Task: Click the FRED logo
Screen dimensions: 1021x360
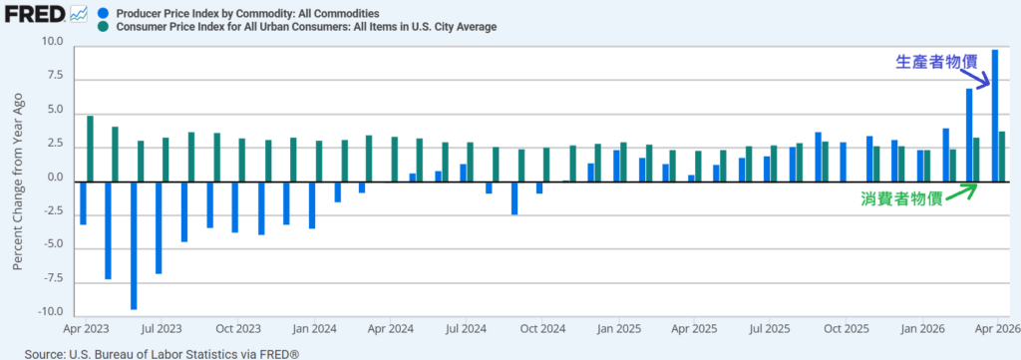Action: click(x=35, y=13)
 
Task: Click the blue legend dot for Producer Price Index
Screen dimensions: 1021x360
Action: click(x=103, y=13)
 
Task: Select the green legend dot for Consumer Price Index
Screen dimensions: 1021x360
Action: click(x=103, y=27)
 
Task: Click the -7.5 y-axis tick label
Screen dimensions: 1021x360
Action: click(x=52, y=278)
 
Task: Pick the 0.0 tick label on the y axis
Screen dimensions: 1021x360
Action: click(x=56, y=178)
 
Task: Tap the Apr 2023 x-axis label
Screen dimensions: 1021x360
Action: click(x=86, y=329)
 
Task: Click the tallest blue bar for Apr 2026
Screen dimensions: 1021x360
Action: click(x=995, y=116)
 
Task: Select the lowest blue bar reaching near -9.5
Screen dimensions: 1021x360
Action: click(x=134, y=245)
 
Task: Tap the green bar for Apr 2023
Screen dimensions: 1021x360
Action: click(x=91, y=149)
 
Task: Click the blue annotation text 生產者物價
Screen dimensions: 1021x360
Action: click(x=936, y=62)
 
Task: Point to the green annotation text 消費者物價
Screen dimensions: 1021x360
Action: click(x=901, y=199)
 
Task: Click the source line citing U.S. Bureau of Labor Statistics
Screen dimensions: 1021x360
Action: click(x=163, y=353)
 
